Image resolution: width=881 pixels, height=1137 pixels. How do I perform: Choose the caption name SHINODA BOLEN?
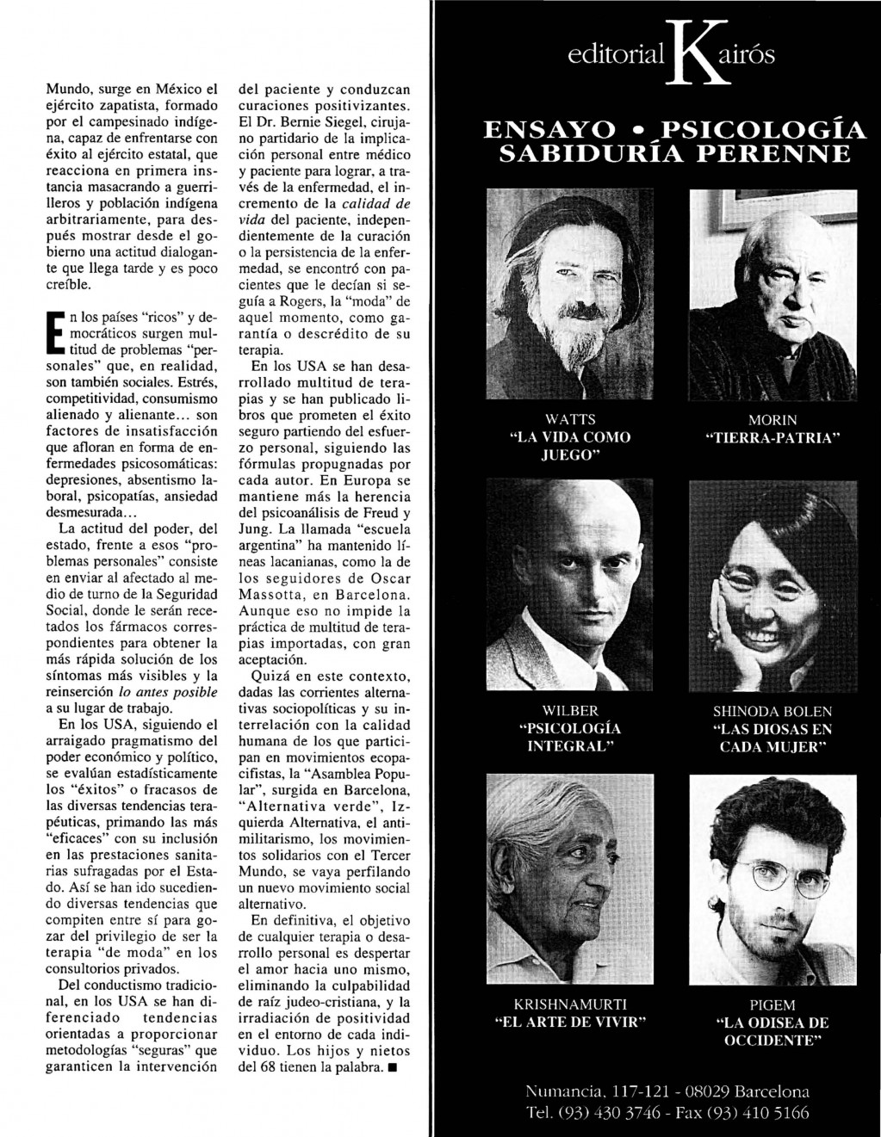(x=772, y=711)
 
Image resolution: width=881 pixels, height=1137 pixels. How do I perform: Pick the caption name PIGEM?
(x=772, y=1004)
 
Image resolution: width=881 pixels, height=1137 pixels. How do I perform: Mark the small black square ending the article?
(x=393, y=1068)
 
